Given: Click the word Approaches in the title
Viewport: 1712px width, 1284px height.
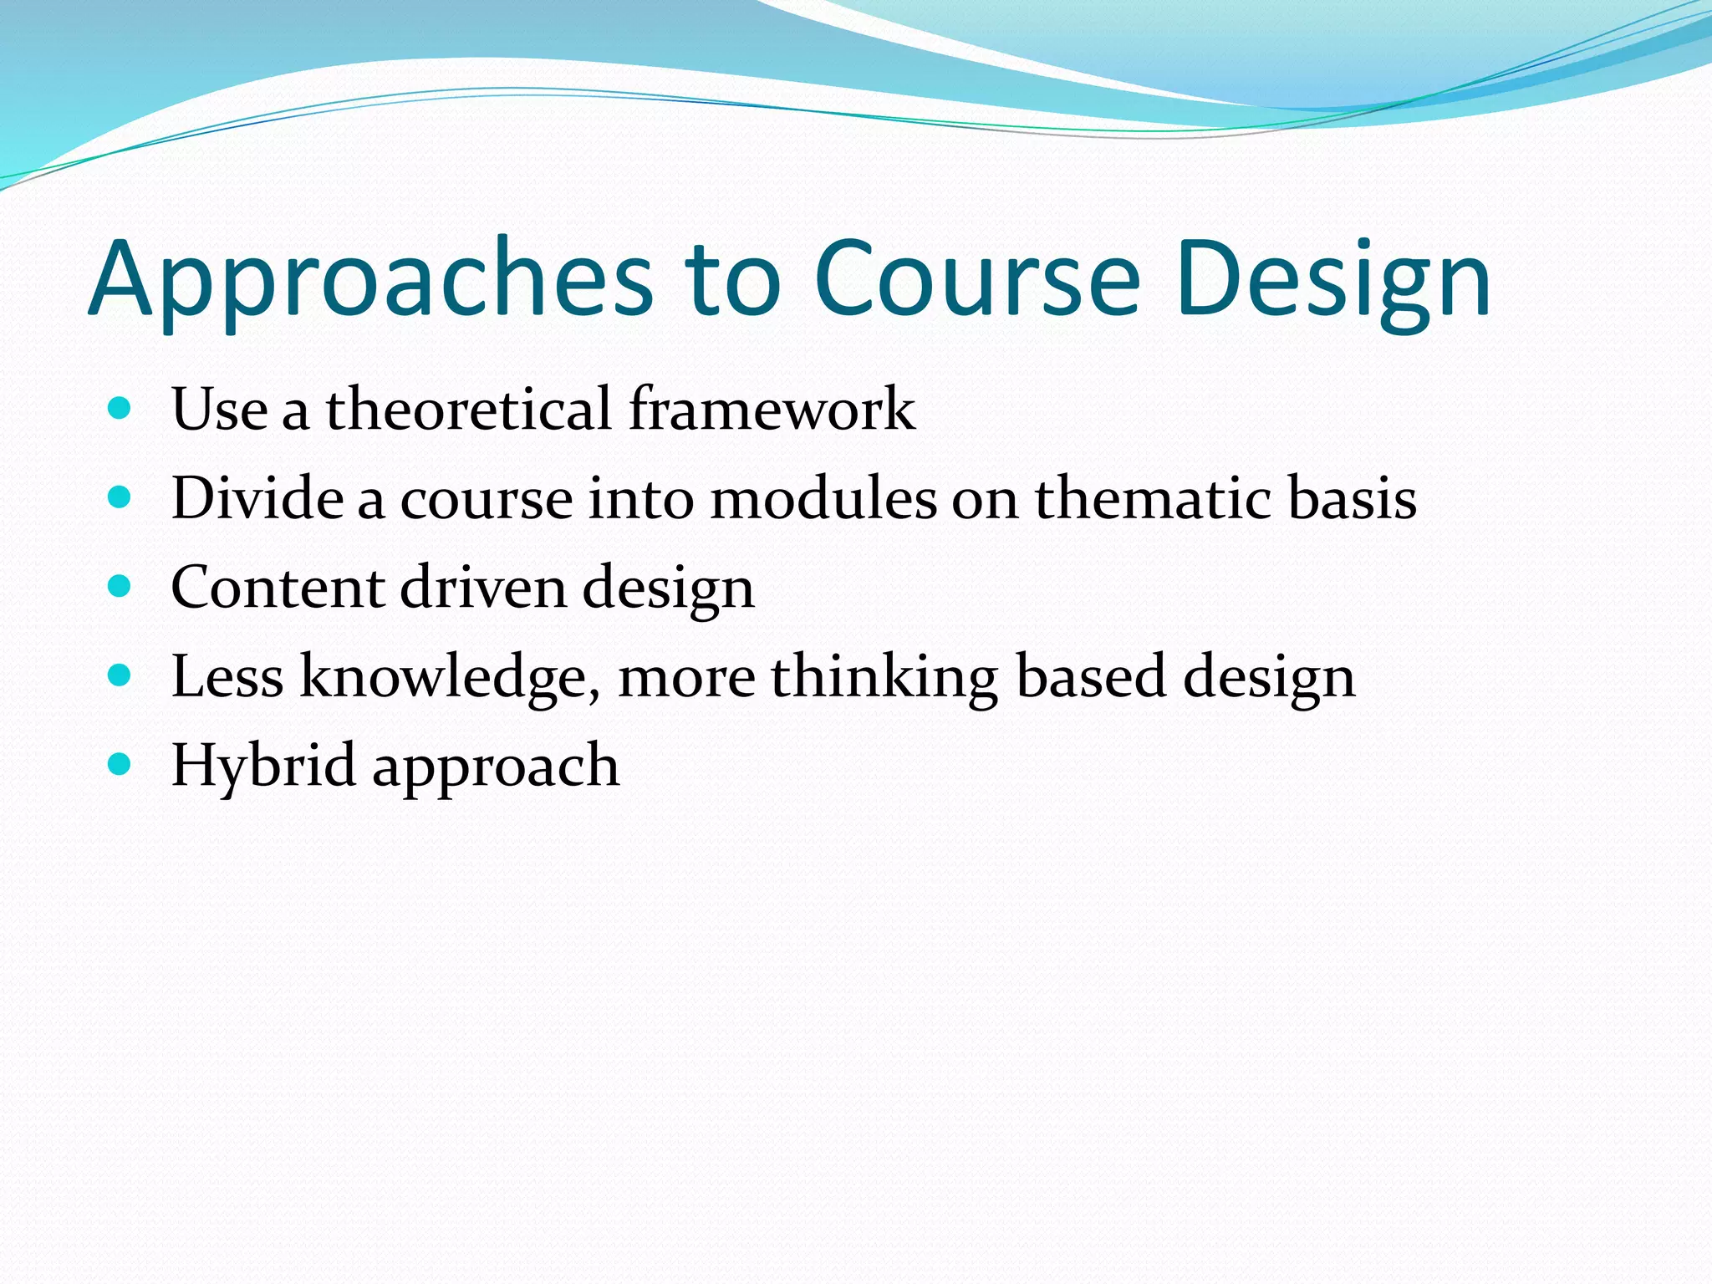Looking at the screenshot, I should coord(370,280).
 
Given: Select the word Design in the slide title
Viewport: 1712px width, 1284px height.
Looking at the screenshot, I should coord(1332,280).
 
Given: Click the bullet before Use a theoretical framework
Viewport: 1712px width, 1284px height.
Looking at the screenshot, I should coord(120,409).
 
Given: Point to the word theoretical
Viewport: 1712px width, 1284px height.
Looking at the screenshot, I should coord(469,409).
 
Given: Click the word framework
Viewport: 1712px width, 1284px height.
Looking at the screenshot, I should coord(772,409).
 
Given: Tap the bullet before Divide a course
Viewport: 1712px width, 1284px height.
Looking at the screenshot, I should coord(120,498).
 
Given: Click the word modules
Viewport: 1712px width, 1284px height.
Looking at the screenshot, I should coord(823,498).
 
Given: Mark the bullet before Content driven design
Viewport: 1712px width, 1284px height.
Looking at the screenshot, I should coord(120,587).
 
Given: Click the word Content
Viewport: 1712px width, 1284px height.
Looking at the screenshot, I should coord(278,587).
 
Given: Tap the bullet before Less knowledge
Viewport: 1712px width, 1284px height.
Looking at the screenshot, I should coord(120,675).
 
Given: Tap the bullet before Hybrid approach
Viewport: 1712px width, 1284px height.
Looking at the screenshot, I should coord(120,764).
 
